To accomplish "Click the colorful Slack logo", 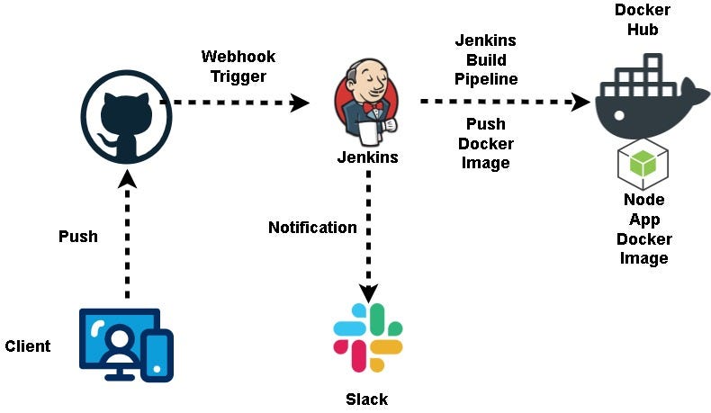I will click(367, 338).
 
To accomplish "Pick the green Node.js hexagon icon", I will click(643, 163).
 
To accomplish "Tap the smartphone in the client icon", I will click(158, 355).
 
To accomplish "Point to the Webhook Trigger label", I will click(238, 67).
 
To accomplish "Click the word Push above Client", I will click(78, 237).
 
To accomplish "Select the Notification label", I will click(312, 228).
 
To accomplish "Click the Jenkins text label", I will click(367, 157).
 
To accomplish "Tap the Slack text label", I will click(367, 399).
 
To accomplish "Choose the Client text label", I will click(28, 346).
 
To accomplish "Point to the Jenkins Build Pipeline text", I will click(486, 59).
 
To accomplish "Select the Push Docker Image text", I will click(486, 143).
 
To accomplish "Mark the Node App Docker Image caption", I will click(643, 229).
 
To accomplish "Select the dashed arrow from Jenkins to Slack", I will click(367, 234).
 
